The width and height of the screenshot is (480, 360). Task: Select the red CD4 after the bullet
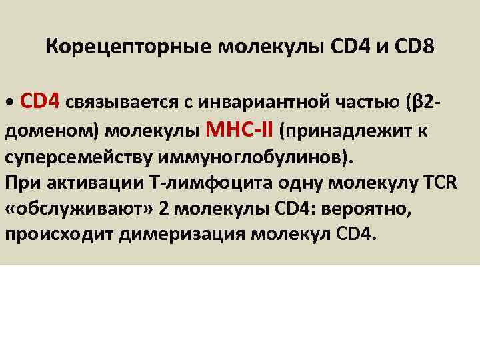pos(41,100)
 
